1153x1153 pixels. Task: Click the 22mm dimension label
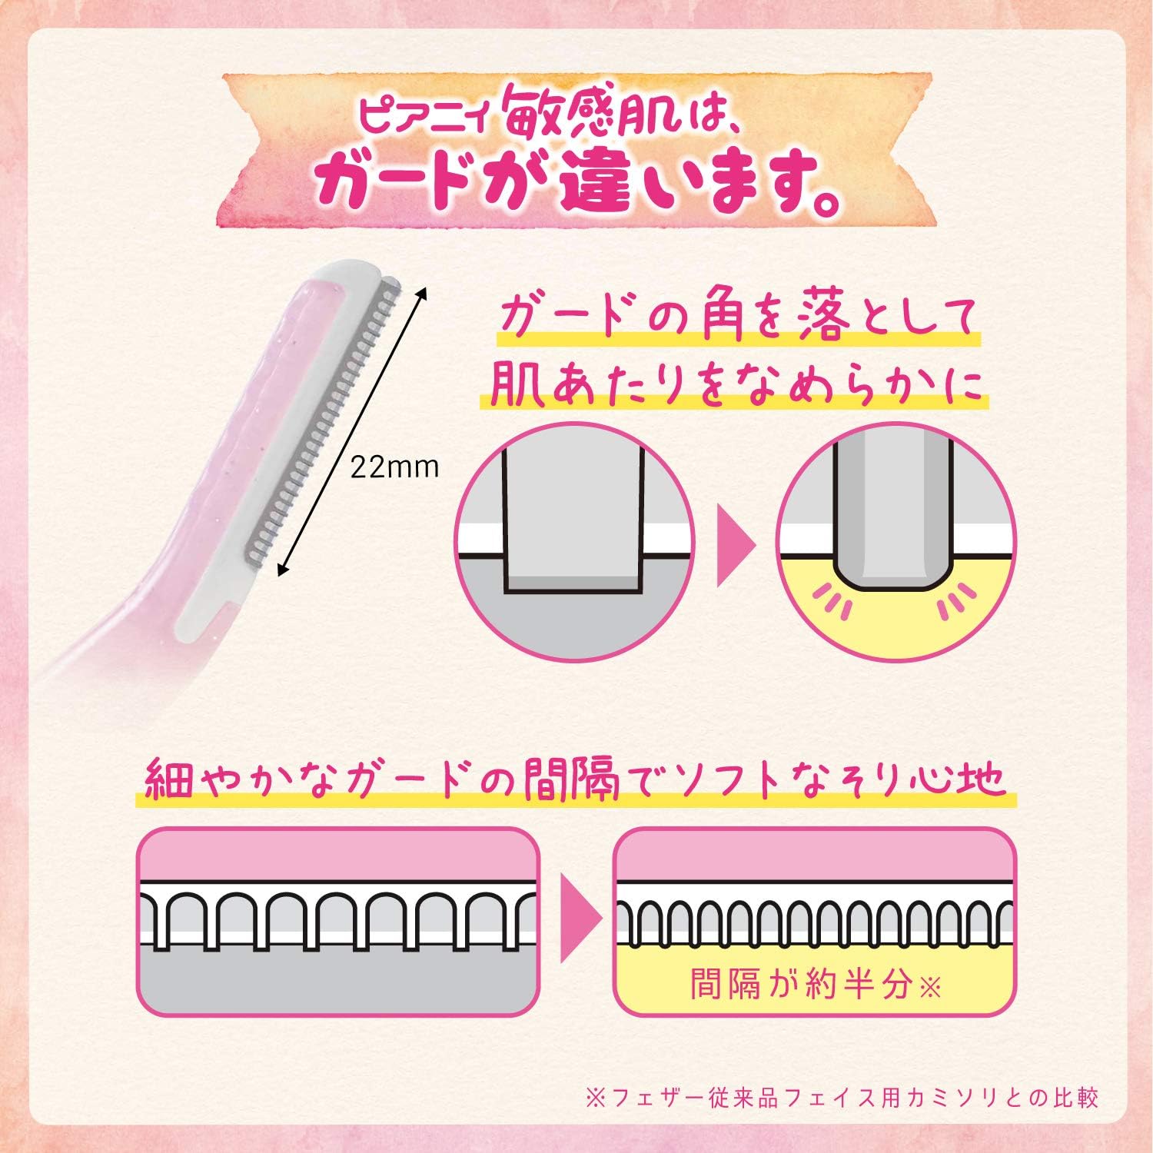(x=394, y=467)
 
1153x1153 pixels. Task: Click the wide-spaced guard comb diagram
(x=338, y=921)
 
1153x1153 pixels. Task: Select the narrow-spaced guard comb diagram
(x=814, y=921)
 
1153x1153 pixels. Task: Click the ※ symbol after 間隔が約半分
(x=929, y=986)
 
